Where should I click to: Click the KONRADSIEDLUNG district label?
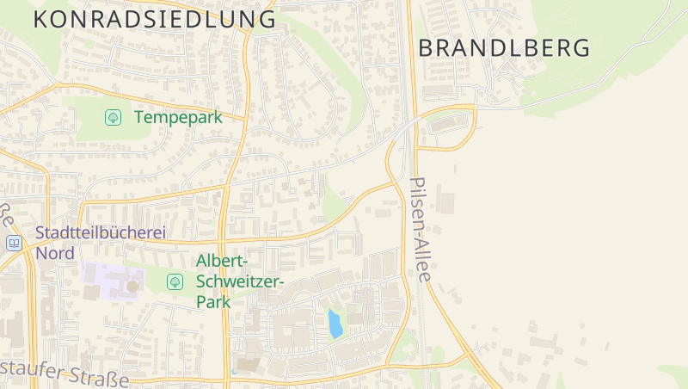(x=155, y=19)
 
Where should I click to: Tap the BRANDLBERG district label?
(x=504, y=48)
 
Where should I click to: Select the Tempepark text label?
(x=178, y=117)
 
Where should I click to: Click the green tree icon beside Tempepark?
(x=113, y=117)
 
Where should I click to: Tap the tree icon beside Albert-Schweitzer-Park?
(x=175, y=281)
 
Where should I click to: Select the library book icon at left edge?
(x=14, y=244)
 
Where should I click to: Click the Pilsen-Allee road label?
(x=421, y=230)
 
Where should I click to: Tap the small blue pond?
(x=335, y=324)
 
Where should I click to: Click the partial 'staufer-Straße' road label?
(x=64, y=374)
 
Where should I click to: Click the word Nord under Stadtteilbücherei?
(x=55, y=253)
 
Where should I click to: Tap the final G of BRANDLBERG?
(x=581, y=48)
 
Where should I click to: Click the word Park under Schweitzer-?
(x=214, y=302)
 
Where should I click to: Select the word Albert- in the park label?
(x=223, y=261)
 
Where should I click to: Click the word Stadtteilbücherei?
(x=100, y=232)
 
